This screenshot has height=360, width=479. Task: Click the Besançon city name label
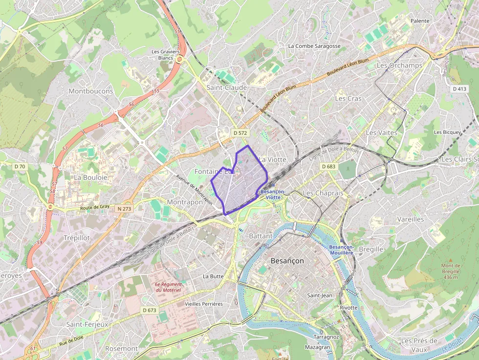287,261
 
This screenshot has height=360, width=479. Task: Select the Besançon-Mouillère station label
341,250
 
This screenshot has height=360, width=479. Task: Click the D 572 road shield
240,133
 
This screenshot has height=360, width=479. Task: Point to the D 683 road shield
329,167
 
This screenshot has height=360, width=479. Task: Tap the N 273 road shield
125,209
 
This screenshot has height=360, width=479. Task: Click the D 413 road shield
459,89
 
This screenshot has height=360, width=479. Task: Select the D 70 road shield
20,167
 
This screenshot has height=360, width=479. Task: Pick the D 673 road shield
150,310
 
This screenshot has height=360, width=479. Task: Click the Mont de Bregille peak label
451,271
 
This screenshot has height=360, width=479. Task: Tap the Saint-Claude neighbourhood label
226,87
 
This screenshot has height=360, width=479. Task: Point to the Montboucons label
90,91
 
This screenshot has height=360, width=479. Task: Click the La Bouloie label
90,177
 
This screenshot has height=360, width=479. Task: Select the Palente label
420,21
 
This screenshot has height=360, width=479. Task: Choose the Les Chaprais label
323,193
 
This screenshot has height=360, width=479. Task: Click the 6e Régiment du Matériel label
168,287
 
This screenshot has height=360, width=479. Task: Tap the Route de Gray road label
95,208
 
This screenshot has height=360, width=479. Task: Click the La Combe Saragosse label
314,46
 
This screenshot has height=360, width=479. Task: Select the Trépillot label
77,237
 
